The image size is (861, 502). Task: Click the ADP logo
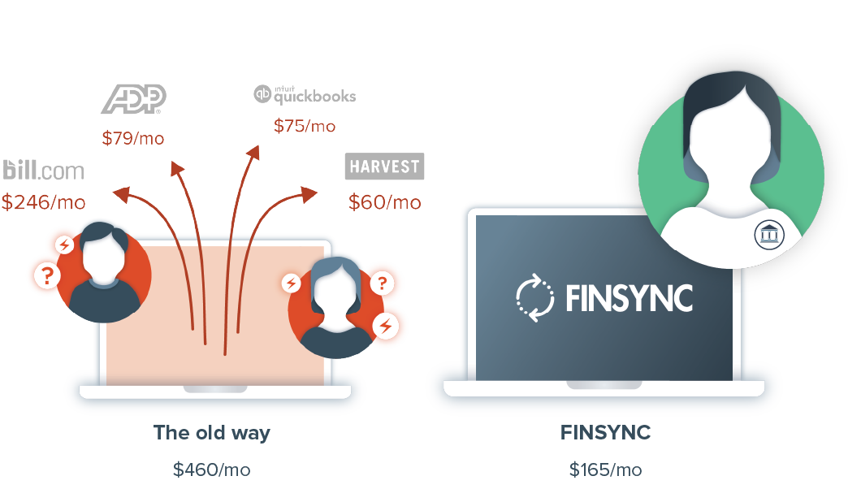pos(133,99)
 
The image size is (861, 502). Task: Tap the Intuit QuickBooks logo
pos(305,95)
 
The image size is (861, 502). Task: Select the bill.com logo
pos(44,170)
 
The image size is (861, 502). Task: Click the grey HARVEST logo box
pos(384,167)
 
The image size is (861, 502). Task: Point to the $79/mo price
pos(133,138)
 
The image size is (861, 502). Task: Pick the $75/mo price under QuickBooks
pos(305,126)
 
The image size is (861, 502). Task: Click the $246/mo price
pos(43,202)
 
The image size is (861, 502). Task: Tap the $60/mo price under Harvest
pos(384,202)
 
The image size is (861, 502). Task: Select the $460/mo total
pos(211,470)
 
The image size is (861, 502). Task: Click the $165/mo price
pos(605,470)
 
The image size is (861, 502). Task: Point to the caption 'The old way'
pos(211,433)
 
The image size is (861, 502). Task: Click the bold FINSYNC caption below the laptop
pos(605,433)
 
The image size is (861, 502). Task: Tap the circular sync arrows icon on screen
pos(534,297)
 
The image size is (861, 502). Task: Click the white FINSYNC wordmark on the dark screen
pos(630,298)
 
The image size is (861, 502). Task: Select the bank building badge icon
pos(767,235)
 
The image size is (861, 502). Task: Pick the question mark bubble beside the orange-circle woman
pos(383,283)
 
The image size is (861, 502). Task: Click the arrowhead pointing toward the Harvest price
pos(309,194)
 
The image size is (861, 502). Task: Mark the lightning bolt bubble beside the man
pos(64,245)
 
